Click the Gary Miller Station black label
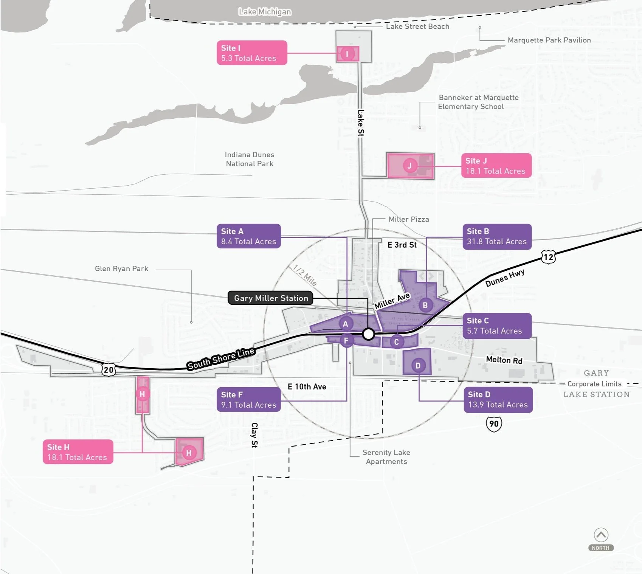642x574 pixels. pos(271,298)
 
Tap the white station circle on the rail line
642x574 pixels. pos(368,334)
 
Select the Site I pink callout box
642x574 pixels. pos(252,53)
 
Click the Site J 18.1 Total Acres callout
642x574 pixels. pos(496,166)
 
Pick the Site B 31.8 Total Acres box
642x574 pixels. pos(497,236)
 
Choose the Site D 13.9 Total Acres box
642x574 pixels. pos(498,400)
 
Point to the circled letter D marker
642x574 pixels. pos(418,365)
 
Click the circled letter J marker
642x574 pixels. pos(409,166)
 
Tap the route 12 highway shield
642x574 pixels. pos(548,257)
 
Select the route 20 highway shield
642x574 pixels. pos(109,369)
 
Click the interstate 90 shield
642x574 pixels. pos(494,424)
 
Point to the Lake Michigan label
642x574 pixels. pos(265,12)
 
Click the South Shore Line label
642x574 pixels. pos(221,358)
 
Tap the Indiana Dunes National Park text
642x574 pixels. pos(250,159)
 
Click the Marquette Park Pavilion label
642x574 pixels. pos(549,40)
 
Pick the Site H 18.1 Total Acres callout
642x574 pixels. pos(78,452)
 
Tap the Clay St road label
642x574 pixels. pos(254,435)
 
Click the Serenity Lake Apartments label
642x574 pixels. pos(386,457)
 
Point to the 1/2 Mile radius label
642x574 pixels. pos(305,275)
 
